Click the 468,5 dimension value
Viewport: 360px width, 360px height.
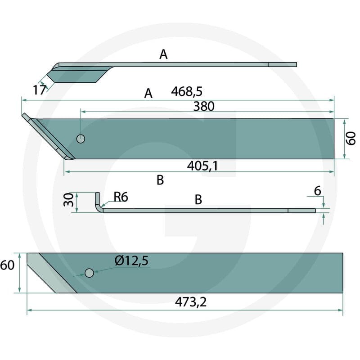[187, 92]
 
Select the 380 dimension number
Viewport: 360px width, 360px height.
[204, 106]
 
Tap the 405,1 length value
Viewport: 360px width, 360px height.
[202, 166]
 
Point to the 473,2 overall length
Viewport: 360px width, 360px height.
[190, 302]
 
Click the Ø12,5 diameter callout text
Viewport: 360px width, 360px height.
[131, 261]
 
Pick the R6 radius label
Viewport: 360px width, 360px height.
[121, 197]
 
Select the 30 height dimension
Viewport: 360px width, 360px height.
[68, 200]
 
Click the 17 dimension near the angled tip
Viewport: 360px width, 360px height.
[40, 90]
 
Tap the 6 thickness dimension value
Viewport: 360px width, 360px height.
[318, 191]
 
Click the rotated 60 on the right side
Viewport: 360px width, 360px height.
[351, 139]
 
